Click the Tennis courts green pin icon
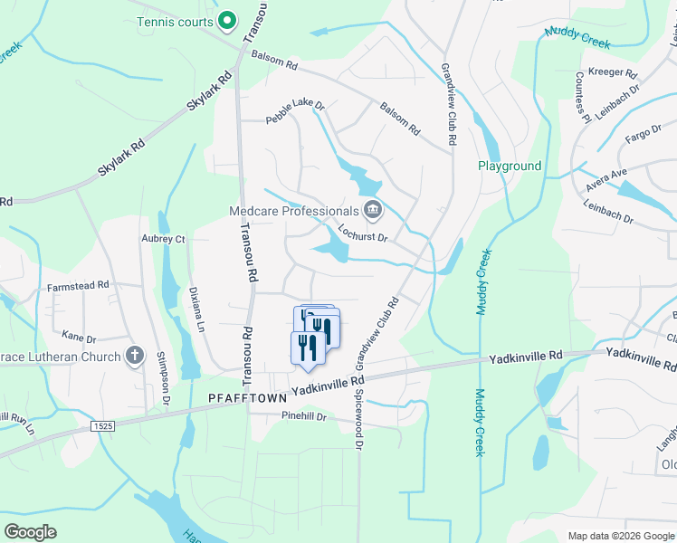tap(228, 21)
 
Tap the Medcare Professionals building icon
tap(372, 212)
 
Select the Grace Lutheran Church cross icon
tap(134, 356)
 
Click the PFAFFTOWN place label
tap(247, 397)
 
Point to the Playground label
tap(510, 167)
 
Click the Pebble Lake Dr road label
tap(294, 112)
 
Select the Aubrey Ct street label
tap(163, 239)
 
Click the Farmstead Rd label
tap(79, 284)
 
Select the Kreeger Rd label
tap(613, 71)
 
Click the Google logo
tap(31, 531)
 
